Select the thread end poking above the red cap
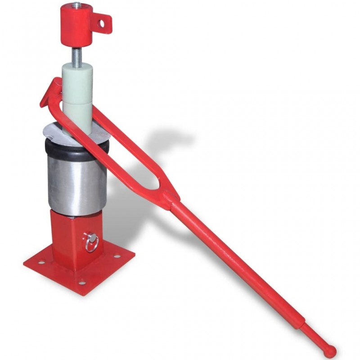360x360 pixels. [76, 5]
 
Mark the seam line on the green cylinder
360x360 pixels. [77, 103]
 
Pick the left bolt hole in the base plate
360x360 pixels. [41, 262]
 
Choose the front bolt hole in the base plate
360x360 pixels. [81, 283]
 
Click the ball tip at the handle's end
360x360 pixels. [330, 350]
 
